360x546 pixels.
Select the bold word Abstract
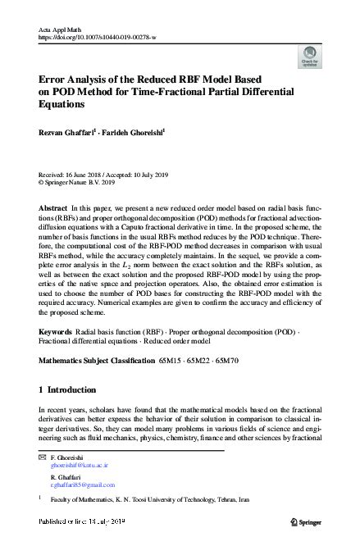(x=52, y=210)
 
